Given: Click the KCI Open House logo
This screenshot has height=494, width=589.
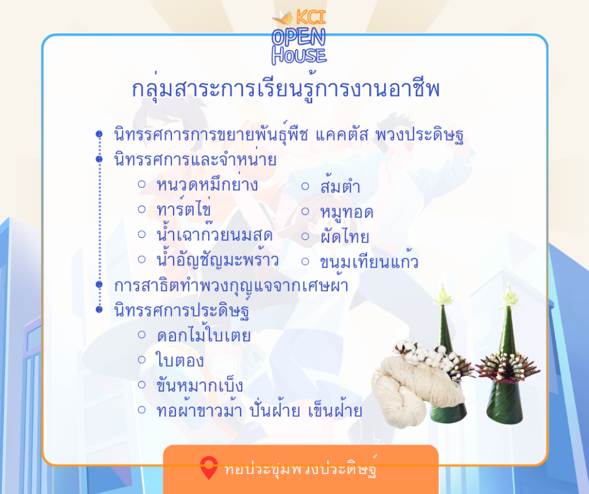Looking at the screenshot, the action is pos(299,37).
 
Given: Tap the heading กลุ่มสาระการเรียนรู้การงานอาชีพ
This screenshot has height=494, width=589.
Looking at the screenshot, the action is pos(285,88).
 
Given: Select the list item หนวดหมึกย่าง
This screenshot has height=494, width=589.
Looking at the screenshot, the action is pos(207,185).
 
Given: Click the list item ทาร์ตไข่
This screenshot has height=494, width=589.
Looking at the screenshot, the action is pos(183,208).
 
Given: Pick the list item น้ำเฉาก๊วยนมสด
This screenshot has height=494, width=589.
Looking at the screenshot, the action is pos(215,234).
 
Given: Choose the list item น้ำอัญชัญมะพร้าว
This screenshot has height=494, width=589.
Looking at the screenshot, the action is pos(218,260).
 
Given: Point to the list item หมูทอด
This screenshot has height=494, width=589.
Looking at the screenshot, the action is pos(347,212).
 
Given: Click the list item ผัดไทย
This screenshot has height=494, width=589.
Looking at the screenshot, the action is pos(345,237).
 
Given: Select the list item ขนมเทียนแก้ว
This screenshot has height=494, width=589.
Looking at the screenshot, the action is pos(369,260).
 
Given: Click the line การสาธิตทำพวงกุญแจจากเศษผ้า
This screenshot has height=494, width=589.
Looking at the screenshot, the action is pos(231,286).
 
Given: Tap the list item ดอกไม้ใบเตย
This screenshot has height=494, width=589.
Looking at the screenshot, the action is pos(204,335).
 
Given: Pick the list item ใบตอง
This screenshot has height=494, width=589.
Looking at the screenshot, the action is pos(180,360).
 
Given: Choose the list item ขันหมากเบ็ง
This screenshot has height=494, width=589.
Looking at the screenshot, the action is pos(200,384).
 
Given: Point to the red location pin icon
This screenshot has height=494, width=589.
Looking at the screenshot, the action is pos(209,468).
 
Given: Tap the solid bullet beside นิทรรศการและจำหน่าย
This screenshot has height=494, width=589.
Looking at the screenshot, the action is pos(99,159).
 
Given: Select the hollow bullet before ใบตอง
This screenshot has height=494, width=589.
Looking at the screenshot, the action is pos(141,360).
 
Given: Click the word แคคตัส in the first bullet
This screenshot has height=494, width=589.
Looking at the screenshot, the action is pos(342,134).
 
